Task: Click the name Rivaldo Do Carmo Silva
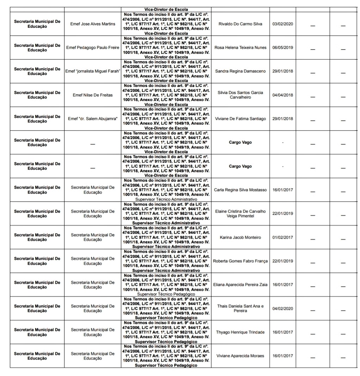point(241,24)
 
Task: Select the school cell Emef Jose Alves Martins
point(93,24)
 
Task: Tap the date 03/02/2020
point(283,24)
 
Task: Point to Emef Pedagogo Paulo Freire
point(93,48)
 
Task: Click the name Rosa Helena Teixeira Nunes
point(241,48)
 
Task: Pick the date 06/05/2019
point(283,48)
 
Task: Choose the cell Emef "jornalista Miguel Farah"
point(93,71)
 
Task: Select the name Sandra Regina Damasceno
point(241,71)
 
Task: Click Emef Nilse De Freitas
point(93,95)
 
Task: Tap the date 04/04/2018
point(283,95)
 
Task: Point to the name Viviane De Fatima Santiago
point(241,119)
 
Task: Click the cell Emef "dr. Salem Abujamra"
point(93,119)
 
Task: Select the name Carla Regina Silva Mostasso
point(241,190)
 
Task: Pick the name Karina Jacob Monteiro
point(241,238)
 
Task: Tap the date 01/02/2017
point(283,238)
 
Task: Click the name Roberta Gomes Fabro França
point(241,261)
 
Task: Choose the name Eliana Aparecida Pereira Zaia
point(241,285)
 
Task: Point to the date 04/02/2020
point(283,309)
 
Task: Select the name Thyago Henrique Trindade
point(241,332)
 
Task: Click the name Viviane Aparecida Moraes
point(241,356)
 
